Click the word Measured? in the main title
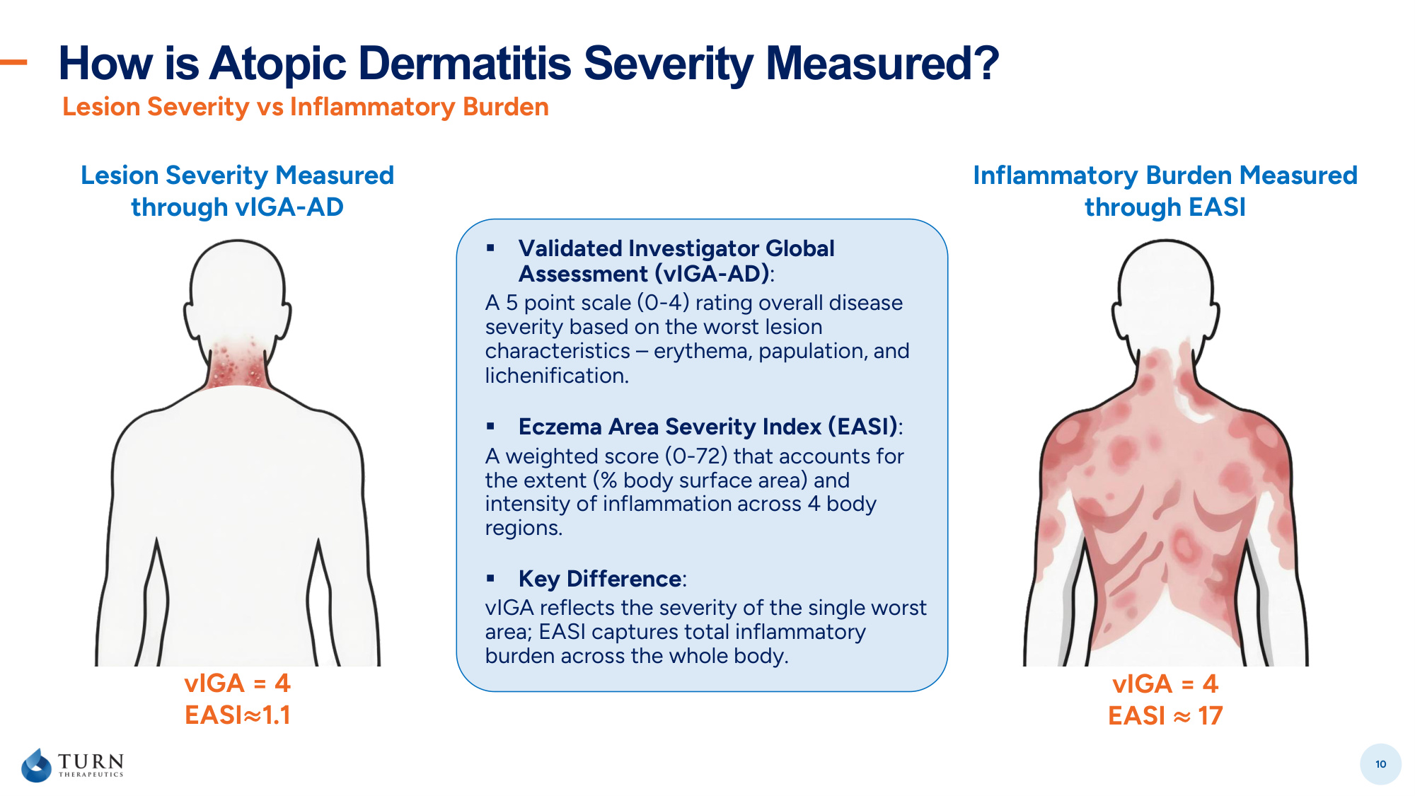click(882, 64)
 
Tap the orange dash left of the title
click(13, 62)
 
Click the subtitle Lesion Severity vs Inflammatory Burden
click(306, 107)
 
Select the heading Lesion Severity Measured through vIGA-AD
click(238, 191)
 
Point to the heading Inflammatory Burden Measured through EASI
click(1165, 191)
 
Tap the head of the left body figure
click(238, 290)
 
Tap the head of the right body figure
click(1165, 290)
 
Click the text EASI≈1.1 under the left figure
click(238, 715)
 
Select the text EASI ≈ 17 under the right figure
click(1165, 715)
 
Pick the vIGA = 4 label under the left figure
click(238, 683)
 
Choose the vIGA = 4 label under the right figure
click(1165, 683)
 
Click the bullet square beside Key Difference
click(490, 578)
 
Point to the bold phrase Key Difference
click(600, 579)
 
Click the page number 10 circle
click(1380, 764)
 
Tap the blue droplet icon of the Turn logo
click(36, 765)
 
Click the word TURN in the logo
click(91, 761)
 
